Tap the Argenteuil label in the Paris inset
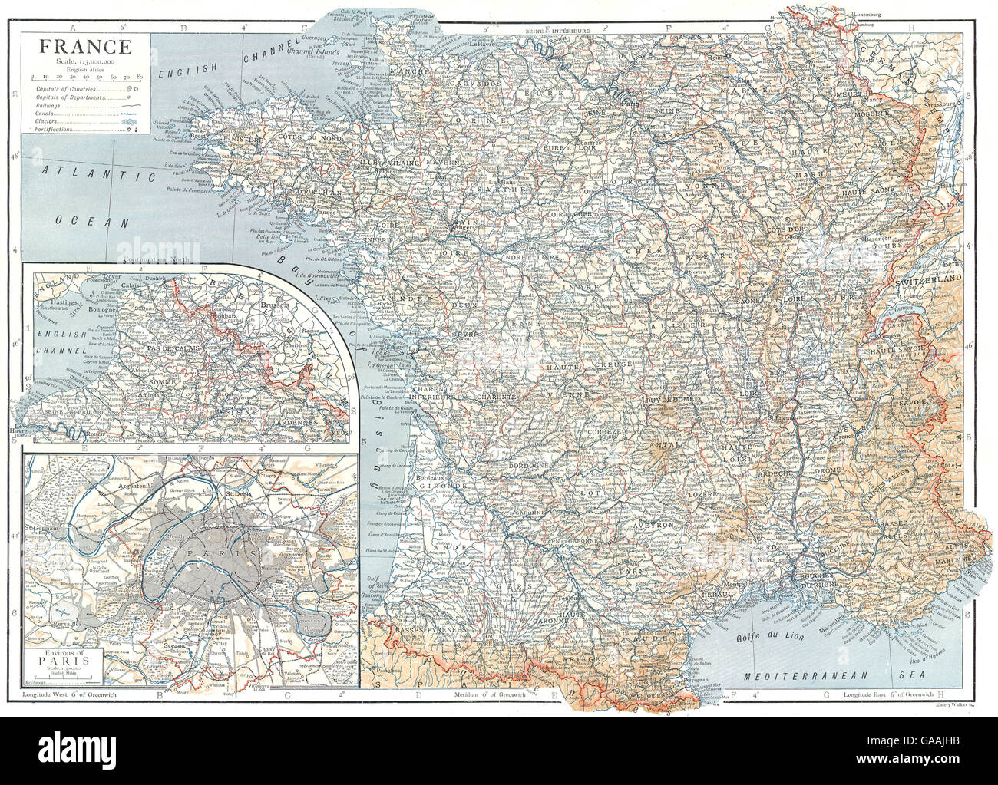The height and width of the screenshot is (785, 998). coord(127,486)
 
